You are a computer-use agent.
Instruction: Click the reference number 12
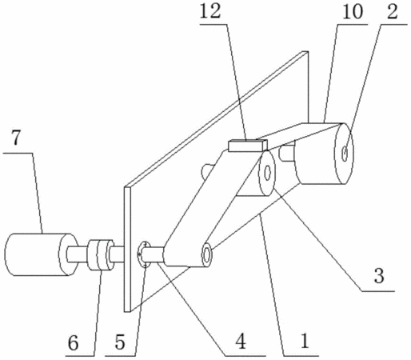210,11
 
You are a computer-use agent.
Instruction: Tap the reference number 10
353,11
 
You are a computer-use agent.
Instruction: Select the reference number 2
393,11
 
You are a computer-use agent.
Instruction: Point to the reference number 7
15,138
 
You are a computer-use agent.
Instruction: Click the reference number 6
74,342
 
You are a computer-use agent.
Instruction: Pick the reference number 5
120,342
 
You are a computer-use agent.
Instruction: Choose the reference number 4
240,342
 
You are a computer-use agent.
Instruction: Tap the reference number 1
304,341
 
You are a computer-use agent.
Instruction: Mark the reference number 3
379,276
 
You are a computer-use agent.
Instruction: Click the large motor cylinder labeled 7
38,254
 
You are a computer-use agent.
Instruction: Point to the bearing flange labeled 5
143,254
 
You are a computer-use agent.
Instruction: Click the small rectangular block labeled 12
248,146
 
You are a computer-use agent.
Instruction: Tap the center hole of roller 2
345,154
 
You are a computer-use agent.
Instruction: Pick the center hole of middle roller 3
268,173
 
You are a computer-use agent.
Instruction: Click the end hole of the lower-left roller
206,254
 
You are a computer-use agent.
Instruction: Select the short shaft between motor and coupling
78,254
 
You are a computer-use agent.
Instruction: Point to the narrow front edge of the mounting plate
127,250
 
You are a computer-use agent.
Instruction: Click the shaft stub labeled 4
154,255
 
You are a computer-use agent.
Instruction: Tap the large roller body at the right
324,154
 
